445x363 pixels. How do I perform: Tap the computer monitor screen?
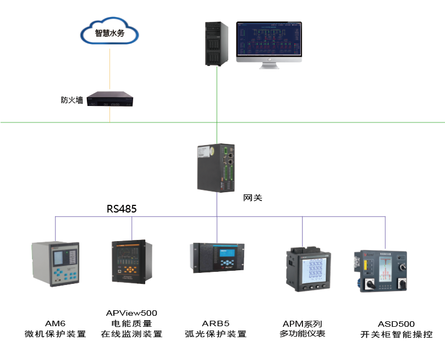[x=269, y=40]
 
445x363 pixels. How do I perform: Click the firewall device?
[x=113, y=100]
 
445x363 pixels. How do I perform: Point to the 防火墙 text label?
[x=72, y=100]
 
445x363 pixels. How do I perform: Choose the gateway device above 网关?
[x=217, y=167]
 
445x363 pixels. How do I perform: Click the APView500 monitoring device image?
[x=131, y=261]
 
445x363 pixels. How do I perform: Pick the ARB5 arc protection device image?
[x=216, y=258]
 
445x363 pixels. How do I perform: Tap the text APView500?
[x=131, y=313]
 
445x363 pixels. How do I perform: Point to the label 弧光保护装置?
[x=216, y=334]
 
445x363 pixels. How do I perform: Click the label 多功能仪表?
[x=303, y=333]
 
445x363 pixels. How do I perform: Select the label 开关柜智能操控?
[x=396, y=334]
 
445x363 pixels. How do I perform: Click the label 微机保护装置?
[x=55, y=334]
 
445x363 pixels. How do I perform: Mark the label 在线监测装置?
[x=131, y=334]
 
